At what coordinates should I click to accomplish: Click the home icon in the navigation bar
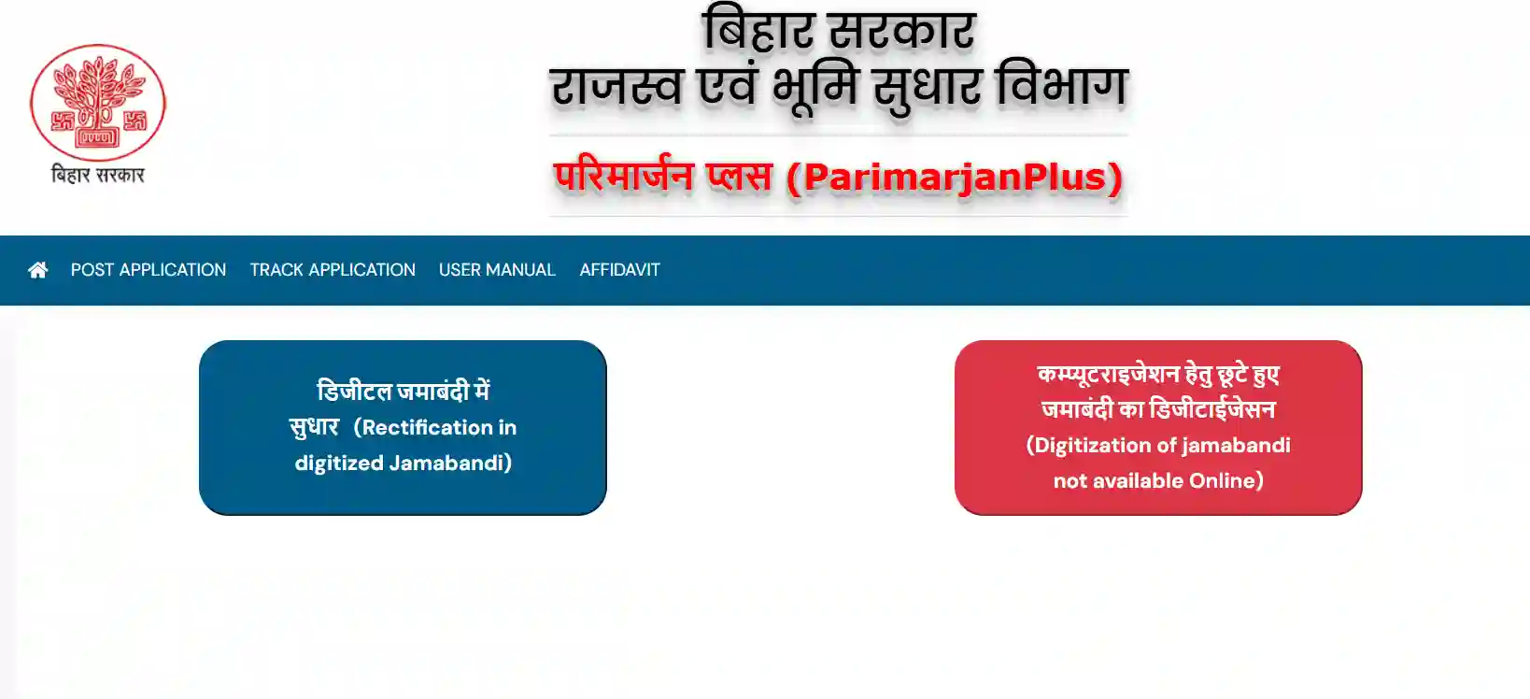point(38,270)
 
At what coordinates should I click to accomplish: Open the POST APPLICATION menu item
point(149,270)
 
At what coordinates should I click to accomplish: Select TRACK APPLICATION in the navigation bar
point(333,270)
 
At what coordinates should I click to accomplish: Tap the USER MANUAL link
point(497,270)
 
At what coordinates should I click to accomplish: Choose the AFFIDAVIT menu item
point(619,270)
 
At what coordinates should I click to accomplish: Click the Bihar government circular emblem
point(98,103)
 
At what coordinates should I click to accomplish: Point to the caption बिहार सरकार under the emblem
point(98,175)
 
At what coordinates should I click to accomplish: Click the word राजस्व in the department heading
point(616,88)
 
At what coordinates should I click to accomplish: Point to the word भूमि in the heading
point(815,89)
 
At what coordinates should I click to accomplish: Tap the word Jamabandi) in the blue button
point(451,464)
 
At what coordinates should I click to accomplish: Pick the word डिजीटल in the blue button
point(355,392)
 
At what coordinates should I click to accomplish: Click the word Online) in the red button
point(1226,481)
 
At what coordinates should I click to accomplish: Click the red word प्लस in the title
point(740,176)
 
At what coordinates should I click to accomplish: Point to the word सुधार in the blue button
point(314,428)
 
